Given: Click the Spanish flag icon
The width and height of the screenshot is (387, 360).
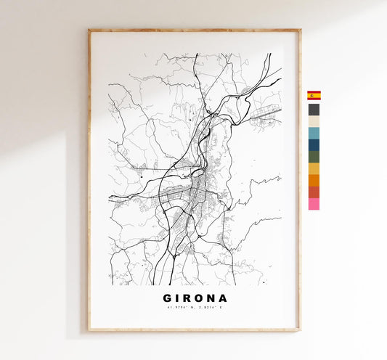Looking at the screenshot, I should coord(314,95).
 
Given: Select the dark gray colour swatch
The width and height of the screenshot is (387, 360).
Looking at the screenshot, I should coord(314,110).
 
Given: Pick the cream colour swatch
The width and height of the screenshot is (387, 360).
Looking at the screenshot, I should coord(314,121).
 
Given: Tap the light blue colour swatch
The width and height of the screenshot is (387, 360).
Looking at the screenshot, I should coord(314,133).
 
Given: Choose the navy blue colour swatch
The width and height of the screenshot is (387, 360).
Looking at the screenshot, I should coord(314,144).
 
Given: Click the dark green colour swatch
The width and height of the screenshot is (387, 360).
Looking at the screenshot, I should coord(314,156).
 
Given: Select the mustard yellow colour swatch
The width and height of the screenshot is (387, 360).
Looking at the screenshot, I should coord(314,168).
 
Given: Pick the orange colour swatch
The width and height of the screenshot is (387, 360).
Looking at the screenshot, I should coord(314,180).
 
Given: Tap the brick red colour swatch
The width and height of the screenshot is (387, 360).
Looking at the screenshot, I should coord(314,192).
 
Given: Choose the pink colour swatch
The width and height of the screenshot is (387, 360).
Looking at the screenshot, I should coord(314,204).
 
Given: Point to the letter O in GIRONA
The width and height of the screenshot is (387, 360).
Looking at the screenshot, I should coord(195,298).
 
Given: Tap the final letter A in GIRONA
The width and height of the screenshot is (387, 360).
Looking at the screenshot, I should coord(223,298).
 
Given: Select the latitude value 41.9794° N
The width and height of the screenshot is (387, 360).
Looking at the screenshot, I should coord(179,308).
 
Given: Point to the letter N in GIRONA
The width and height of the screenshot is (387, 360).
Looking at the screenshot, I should coord(209,298).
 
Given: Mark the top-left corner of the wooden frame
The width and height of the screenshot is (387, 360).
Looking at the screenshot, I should coord(89,30).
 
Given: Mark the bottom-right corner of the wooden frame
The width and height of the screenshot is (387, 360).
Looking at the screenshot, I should coord(300,331).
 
